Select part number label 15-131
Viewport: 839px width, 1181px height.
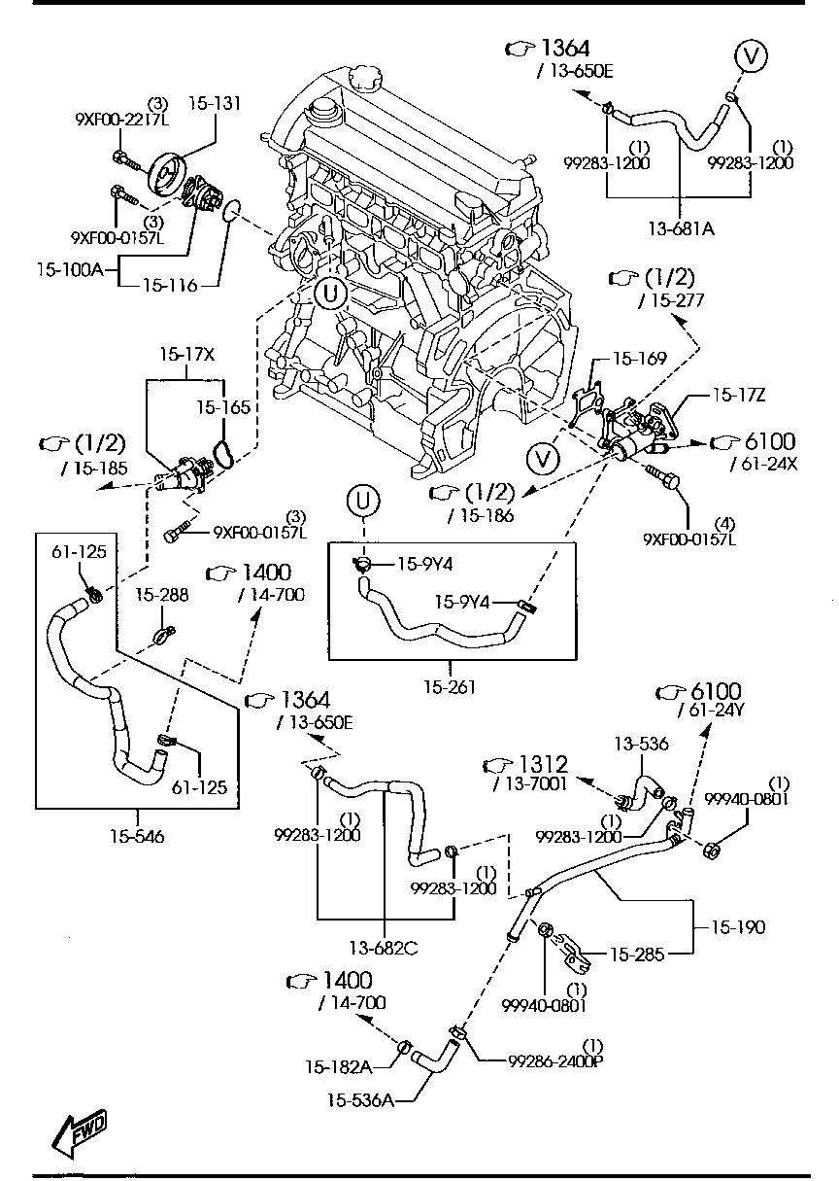[x=215, y=103]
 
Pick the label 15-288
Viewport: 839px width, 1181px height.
[x=161, y=594]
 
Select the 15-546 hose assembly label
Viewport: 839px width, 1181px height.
[x=136, y=833]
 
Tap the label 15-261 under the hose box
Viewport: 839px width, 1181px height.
[x=451, y=687]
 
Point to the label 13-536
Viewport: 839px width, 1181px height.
[x=641, y=744]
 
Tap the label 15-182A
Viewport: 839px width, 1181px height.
[x=339, y=1066]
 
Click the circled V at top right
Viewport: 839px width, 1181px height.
[x=750, y=55]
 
